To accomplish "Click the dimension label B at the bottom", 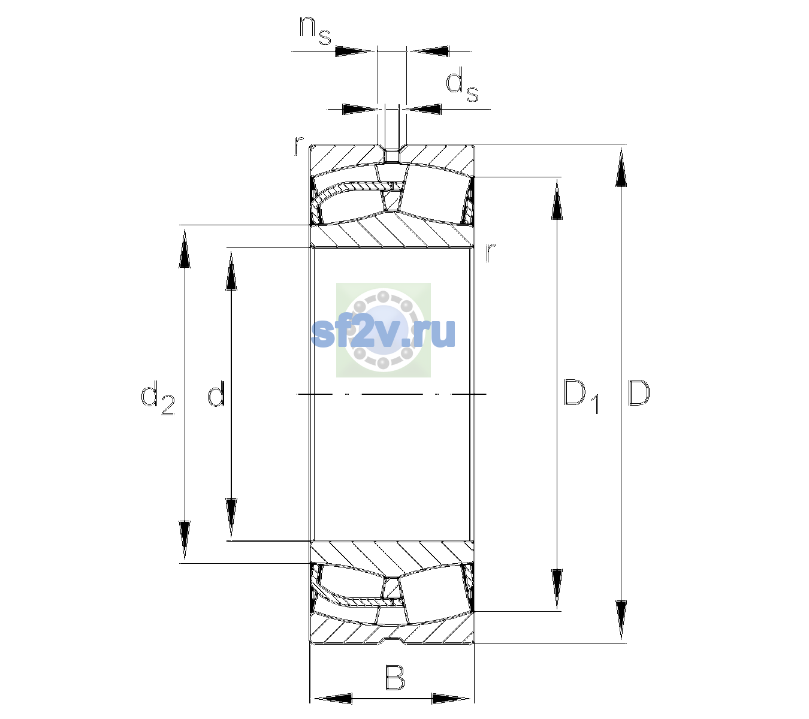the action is [394, 677].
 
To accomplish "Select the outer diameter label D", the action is [639, 393].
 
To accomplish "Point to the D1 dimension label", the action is [581, 397].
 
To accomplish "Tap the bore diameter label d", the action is [216, 393].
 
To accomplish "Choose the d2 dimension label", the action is [158, 397].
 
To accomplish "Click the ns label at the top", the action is [315, 31].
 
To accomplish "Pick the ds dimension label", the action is [461, 84].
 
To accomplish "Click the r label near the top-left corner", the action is [298, 146].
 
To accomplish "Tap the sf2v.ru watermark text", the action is [384, 334].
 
